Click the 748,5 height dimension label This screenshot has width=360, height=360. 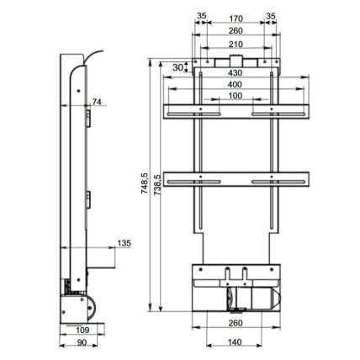[145, 183]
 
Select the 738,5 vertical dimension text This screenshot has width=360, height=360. [157, 185]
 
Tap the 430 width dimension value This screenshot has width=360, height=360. [235, 73]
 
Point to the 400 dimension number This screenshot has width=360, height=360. [235, 84]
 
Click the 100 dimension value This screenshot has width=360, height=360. [235, 96]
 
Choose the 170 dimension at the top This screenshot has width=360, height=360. [236, 19]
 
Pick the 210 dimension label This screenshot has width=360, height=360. [236, 45]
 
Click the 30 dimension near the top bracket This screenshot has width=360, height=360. [177, 67]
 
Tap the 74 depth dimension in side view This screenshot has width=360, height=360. [97, 102]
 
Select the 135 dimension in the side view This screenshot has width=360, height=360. [124, 243]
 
